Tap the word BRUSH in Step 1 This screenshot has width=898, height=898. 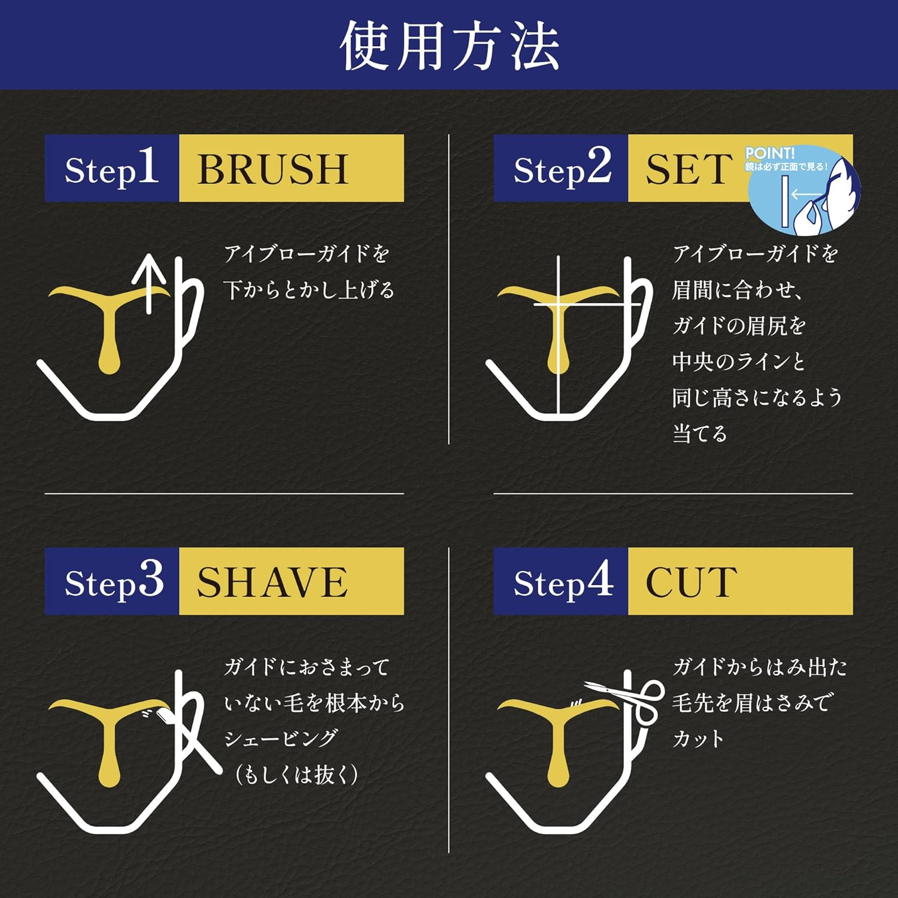coord(272,169)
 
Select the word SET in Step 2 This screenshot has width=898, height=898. coord(688,169)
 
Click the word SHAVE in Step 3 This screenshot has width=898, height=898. coord(272,582)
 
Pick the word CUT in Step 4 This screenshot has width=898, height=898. coord(691,582)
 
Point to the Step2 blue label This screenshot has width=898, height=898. coord(561,168)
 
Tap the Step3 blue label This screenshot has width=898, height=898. coord(112,581)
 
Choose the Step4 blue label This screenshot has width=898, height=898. coord(561,581)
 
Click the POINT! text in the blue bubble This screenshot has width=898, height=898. coord(769,153)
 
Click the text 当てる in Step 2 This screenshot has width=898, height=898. coord(699,433)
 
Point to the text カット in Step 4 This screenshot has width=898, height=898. coord(698,739)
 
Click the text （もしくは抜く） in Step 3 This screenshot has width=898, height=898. coord(296,775)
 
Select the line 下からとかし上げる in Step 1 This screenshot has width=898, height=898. coord(309,290)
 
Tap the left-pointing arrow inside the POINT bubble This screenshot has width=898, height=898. coord(805,195)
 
